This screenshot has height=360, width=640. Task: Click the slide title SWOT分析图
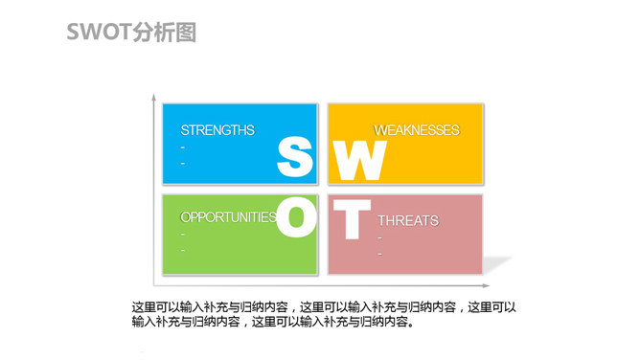[131, 33]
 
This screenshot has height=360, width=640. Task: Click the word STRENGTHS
[217, 130]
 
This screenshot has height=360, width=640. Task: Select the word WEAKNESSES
[416, 130]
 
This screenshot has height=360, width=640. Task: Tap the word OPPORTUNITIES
[228, 217]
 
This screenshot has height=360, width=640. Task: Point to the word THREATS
[407, 221]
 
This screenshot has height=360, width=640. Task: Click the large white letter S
[295, 158]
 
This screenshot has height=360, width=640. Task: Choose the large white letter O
[296, 218]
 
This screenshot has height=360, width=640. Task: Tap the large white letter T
[350, 219]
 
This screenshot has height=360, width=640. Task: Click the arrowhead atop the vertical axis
[153, 98]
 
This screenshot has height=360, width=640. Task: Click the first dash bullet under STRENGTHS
[182, 147]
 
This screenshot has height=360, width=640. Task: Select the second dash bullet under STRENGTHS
[182, 163]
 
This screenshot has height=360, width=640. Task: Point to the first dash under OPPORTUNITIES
[182, 235]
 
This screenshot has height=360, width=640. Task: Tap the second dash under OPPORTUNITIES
[182, 250]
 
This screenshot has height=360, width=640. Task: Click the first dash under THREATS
[379, 237]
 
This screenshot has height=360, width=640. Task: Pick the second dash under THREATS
[379, 254]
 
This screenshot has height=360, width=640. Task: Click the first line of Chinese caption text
[324, 307]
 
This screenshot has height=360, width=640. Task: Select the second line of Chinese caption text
[274, 323]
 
